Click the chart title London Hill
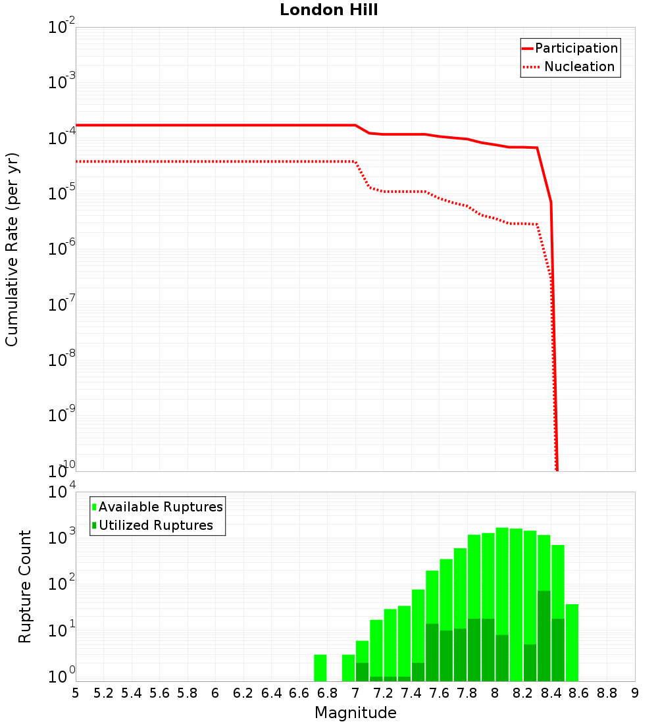pos(329,11)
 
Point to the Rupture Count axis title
pos(25,586)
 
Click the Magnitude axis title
pos(355,713)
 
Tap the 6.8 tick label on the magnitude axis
pos(327,693)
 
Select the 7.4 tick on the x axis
pos(411,693)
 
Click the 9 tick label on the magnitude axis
pos(635,693)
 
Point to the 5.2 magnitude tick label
pos(103,693)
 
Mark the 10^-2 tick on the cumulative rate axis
pos(62,28)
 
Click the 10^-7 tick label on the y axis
pos(62,305)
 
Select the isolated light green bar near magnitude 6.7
pos(320,667)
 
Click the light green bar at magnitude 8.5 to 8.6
pos(572,642)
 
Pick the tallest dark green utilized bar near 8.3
pos(544,636)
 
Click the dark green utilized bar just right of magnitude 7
pos(362,672)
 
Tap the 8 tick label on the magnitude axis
pos(495,693)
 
